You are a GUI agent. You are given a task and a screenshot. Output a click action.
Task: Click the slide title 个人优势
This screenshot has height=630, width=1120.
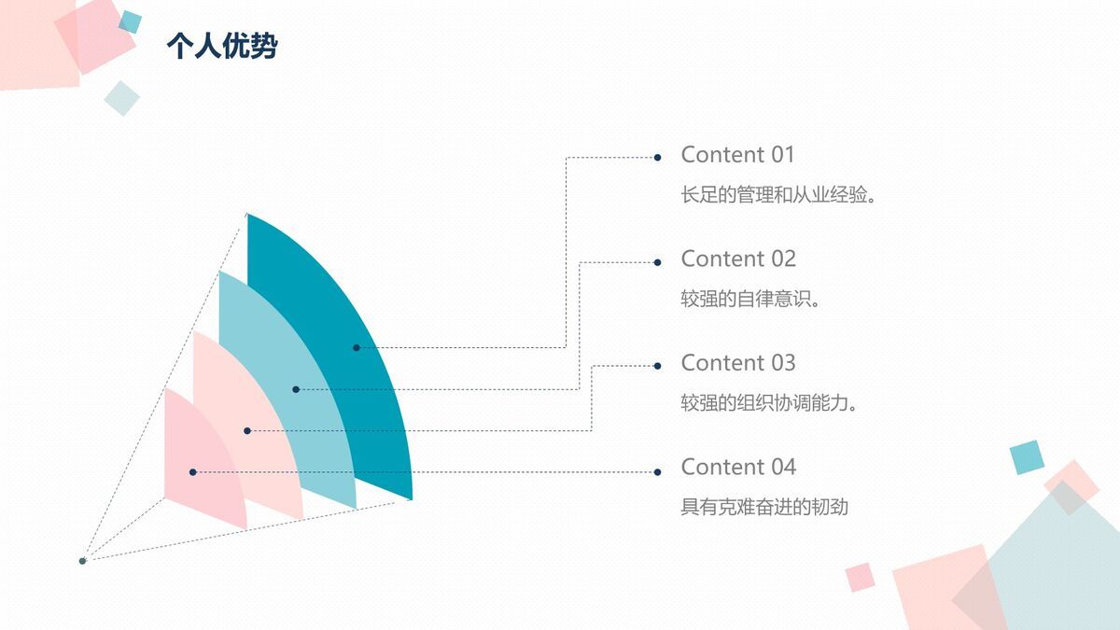click(x=221, y=46)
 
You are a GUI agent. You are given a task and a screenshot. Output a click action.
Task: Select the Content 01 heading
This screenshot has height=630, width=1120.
click(x=737, y=155)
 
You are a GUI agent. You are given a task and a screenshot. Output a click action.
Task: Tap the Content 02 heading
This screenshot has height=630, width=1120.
click(x=737, y=259)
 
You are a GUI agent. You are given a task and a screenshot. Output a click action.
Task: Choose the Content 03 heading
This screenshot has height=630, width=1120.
click(x=737, y=362)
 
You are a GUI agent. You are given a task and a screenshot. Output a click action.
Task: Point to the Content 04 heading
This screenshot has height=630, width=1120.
click(x=737, y=467)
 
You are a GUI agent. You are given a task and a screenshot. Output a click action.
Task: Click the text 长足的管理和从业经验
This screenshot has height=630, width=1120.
click(x=778, y=196)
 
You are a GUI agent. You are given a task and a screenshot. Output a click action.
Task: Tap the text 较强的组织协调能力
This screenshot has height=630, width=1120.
click(x=769, y=404)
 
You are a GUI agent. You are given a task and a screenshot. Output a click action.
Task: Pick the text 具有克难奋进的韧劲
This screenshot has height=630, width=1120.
click(x=764, y=508)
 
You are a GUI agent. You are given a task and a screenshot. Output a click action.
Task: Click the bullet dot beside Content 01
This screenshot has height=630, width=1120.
click(x=657, y=158)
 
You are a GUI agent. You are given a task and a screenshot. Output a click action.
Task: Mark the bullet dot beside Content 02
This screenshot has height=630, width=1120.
click(x=657, y=262)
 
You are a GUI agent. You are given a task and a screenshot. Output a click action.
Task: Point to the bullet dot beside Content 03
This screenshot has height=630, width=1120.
click(x=657, y=366)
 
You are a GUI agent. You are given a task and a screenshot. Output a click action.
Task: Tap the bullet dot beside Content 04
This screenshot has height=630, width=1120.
click(x=657, y=471)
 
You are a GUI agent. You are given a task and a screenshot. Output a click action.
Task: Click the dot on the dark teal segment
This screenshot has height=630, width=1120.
click(x=357, y=348)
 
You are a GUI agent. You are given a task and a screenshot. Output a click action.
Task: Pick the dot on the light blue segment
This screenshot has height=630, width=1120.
click(x=296, y=389)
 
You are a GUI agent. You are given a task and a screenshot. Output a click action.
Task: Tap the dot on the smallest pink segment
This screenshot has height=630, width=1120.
click(x=193, y=472)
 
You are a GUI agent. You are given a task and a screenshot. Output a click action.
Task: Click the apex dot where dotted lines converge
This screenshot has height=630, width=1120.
click(x=82, y=560)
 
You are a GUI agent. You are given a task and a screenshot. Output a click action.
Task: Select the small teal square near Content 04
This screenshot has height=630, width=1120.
click(x=1026, y=457)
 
